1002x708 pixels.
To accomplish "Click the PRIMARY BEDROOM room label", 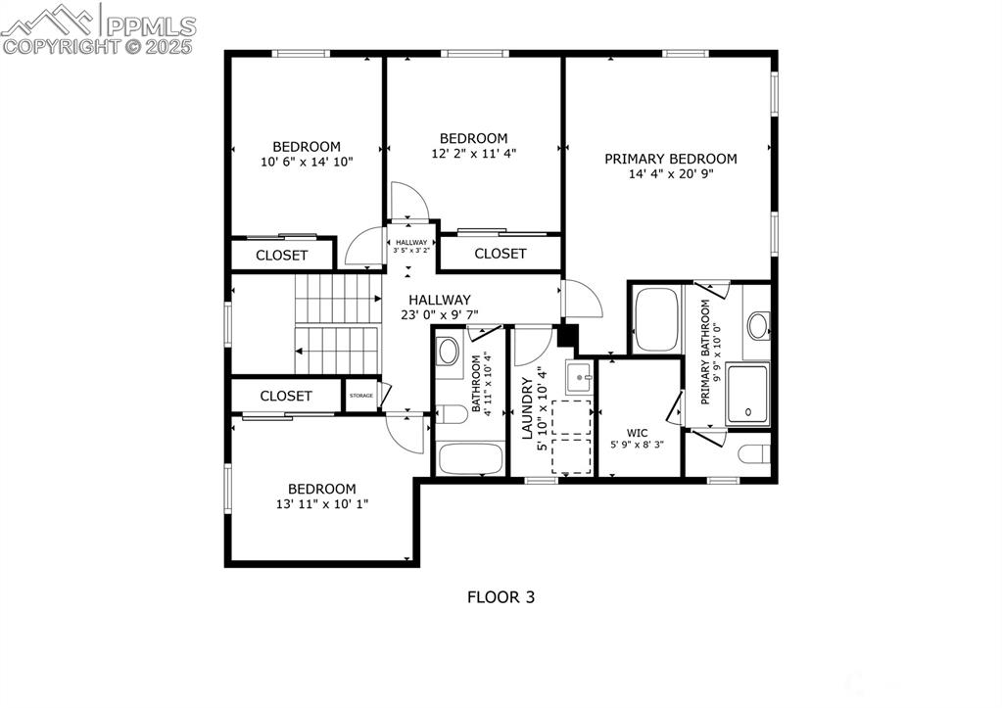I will pyautogui.click(x=670, y=159).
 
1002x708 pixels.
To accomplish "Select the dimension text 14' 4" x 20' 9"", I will pyautogui.click(x=670, y=174).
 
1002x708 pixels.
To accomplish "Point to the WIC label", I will pyautogui.click(x=637, y=431).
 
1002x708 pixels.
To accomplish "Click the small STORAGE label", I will pyautogui.click(x=360, y=396).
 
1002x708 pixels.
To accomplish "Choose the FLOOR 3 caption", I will pyautogui.click(x=501, y=596).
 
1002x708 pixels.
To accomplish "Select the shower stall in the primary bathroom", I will pyautogui.click(x=747, y=394).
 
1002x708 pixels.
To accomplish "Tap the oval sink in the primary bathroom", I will pyautogui.click(x=757, y=324).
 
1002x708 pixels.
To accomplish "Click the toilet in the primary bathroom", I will pyautogui.click(x=752, y=455).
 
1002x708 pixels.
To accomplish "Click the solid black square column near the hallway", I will pyautogui.click(x=565, y=335).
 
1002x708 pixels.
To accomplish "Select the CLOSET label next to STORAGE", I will pyautogui.click(x=286, y=396).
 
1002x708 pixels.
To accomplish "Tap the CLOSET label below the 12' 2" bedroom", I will pyautogui.click(x=501, y=254).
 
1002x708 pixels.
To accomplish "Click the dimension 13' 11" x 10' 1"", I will pyautogui.click(x=321, y=504).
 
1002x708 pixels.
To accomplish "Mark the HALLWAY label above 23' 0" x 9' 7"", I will pyautogui.click(x=440, y=300).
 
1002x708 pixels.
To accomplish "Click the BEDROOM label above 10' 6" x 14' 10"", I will pyautogui.click(x=307, y=147).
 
